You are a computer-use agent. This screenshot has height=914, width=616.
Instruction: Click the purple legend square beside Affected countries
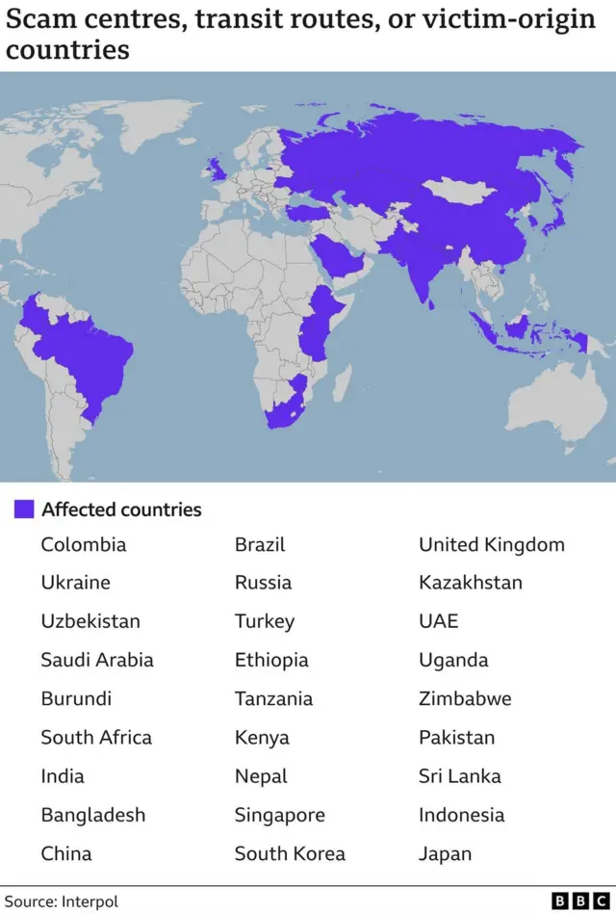[24, 509]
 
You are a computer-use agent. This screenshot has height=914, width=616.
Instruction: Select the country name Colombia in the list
[83, 544]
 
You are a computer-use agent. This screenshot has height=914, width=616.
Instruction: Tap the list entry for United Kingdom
[491, 544]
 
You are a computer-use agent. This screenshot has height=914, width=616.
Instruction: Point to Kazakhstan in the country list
[470, 583]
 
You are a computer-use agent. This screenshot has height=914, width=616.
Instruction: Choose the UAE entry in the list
[438, 621]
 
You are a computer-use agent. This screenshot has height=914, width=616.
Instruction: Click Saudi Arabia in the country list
[96, 660]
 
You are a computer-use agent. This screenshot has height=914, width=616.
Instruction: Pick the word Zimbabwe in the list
[464, 698]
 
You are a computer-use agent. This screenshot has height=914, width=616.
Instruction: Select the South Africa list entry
[95, 738]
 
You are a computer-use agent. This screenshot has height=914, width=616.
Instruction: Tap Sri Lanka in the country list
[459, 776]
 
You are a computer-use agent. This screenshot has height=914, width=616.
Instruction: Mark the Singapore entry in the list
[279, 815]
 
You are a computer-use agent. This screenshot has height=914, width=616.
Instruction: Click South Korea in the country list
[289, 853]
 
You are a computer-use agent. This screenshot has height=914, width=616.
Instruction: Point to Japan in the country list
[445, 853]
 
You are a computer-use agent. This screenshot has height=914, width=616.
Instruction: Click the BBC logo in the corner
[580, 901]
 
